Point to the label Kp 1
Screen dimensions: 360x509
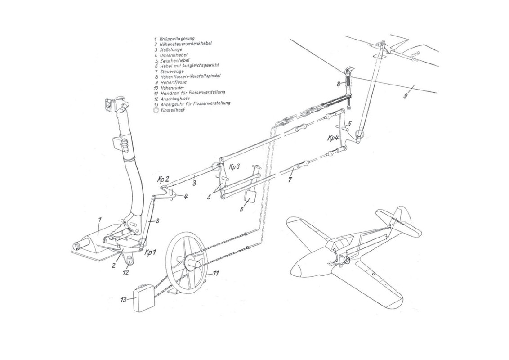coord(150,252)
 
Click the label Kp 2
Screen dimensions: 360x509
coord(163,179)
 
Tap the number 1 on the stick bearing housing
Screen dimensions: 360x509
coord(101,219)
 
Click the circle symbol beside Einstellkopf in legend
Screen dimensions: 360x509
coord(156,108)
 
